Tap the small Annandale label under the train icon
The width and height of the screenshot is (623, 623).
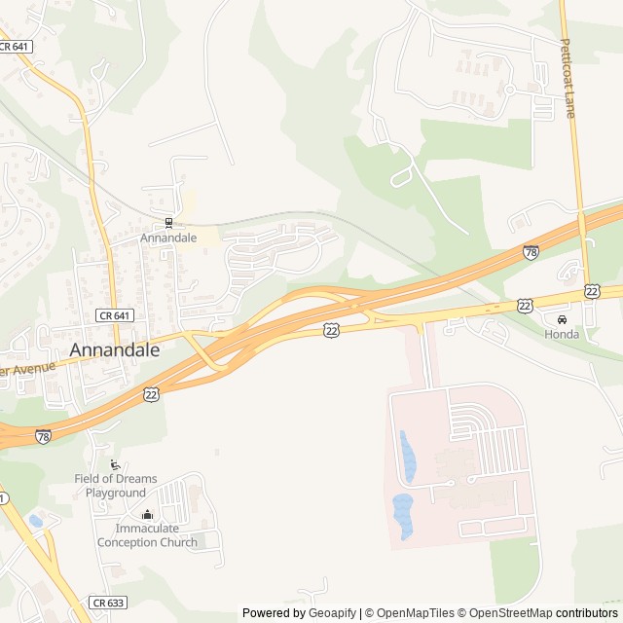[168, 238]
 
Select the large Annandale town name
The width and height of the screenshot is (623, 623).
[115, 350]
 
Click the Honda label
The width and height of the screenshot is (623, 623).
[562, 335]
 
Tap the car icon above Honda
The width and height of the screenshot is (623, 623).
[562, 320]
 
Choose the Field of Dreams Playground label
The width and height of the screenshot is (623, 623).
[115, 486]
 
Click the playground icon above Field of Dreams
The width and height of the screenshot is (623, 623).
[116, 464]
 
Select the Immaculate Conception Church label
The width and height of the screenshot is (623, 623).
[147, 535]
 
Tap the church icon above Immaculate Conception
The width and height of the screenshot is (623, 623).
[147, 515]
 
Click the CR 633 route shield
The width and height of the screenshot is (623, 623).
[108, 603]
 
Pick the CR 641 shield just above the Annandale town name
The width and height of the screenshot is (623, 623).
[115, 315]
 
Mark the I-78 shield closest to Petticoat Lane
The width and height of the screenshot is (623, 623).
[531, 252]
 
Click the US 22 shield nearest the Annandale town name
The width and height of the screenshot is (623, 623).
[151, 393]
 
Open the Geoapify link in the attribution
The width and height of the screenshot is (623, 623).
[333, 613]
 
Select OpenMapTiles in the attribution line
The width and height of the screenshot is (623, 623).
[415, 613]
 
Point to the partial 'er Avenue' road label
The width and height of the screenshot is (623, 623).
[27, 369]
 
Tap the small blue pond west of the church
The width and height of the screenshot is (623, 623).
[36, 521]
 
